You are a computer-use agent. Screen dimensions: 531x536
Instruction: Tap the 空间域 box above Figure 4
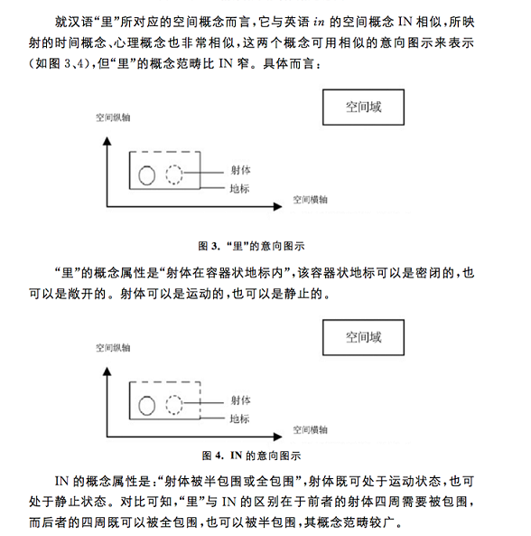(364, 338)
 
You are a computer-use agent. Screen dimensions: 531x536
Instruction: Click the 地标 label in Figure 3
(239, 189)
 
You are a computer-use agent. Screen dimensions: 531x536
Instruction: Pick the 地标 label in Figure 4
(239, 418)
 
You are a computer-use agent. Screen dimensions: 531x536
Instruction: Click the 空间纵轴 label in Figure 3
(113, 118)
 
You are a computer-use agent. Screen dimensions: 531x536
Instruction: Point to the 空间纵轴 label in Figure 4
(113, 347)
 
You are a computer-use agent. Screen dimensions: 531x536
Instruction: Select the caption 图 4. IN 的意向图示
(250, 455)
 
